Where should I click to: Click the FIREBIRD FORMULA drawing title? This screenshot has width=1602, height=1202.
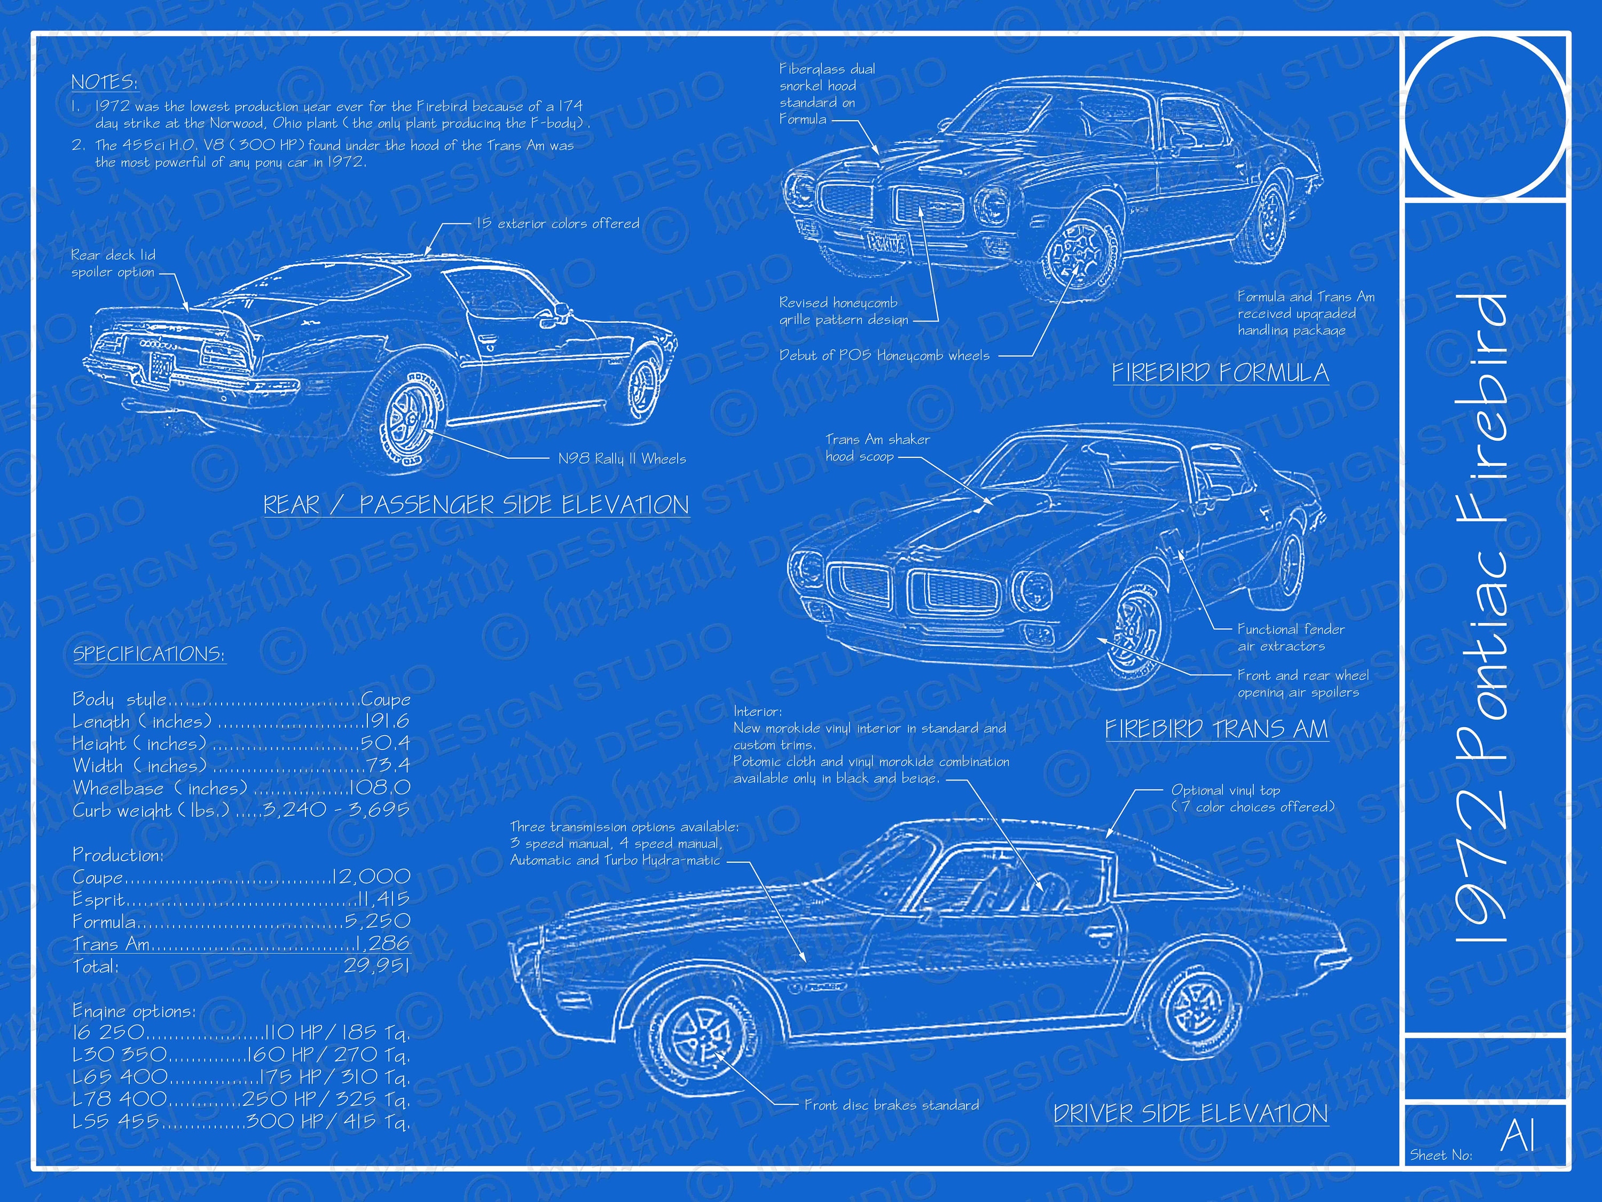[x=1220, y=372]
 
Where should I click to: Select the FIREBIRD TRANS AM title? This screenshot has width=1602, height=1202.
[x=1216, y=728]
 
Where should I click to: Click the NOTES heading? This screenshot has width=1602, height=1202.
[x=104, y=82]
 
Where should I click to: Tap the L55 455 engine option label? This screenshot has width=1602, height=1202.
[x=115, y=1121]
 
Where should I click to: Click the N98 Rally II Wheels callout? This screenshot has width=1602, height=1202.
[x=622, y=458]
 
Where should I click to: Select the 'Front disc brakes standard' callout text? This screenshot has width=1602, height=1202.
[x=892, y=1105]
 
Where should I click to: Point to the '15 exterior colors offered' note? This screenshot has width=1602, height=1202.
[x=557, y=223]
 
